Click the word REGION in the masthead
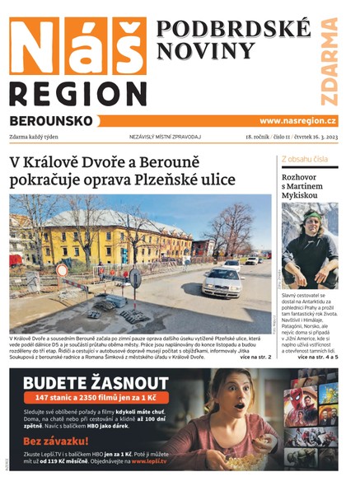pyautogui.click(x=79, y=91)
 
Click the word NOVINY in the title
pyautogui.click(x=196, y=52)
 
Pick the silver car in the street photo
pyautogui.click(x=222, y=282)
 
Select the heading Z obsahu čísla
pyautogui.click(x=305, y=158)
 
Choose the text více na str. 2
pyautogui.click(x=254, y=357)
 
